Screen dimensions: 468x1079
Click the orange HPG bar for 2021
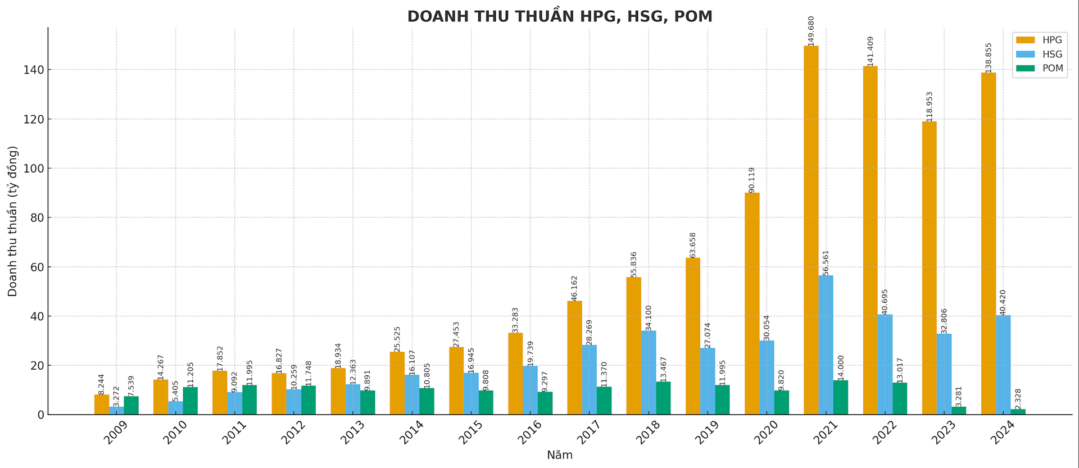point(811,230)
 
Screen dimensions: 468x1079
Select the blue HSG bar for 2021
point(826,345)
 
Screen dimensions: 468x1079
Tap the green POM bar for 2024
point(1018,412)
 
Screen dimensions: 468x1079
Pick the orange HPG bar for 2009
point(102,405)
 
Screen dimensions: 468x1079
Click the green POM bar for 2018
point(663,398)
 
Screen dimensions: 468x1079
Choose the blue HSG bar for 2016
point(530,390)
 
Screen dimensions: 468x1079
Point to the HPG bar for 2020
point(752,303)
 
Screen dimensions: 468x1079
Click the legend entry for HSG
point(1040,54)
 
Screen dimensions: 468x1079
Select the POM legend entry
point(1040,69)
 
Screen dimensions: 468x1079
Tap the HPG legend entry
point(1040,40)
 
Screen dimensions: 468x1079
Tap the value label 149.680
point(811,31)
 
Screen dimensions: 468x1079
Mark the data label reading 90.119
point(752,180)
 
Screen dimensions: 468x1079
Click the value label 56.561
point(826,263)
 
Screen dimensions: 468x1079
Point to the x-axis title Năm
point(560,456)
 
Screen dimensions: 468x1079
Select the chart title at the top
point(560,16)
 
